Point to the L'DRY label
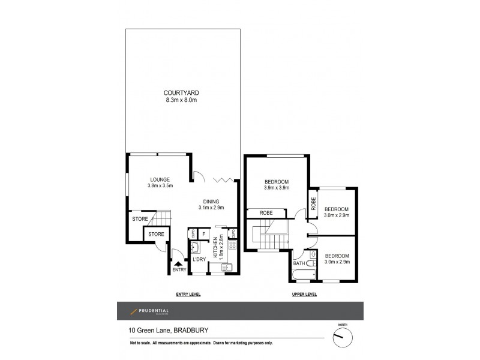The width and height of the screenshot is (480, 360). [199, 259]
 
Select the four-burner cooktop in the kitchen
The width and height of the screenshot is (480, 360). [232, 245]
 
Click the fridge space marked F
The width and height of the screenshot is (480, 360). [204, 233]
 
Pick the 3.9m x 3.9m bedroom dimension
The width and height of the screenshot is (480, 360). [277, 188]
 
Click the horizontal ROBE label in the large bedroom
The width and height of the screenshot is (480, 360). [267, 213]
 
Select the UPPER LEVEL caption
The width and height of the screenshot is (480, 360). [303, 295]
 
